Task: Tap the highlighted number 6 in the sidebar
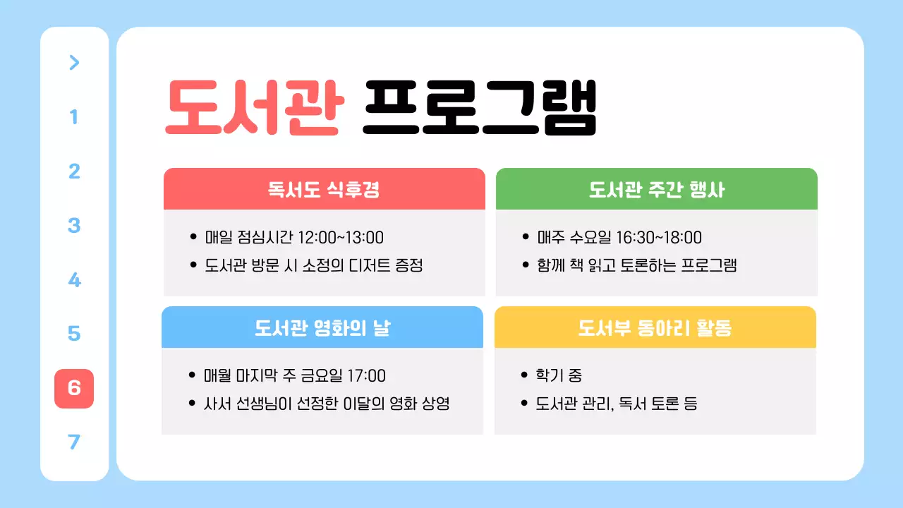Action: [74, 388]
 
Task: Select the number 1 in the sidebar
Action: [74, 117]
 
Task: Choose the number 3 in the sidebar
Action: [74, 226]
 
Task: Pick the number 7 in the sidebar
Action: [74, 442]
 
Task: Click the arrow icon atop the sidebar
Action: [74, 63]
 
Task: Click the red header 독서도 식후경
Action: [324, 189]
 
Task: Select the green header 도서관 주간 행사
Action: [656, 189]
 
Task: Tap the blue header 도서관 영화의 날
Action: [322, 327]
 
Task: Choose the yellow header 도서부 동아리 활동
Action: [655, 327]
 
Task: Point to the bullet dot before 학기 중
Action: [523, 376]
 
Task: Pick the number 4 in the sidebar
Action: [74, 280]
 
